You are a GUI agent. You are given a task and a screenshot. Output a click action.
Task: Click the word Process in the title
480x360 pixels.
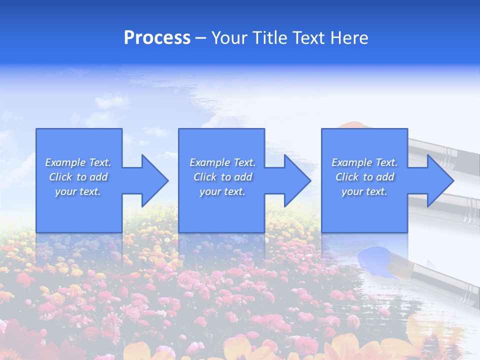[x=157, y=38]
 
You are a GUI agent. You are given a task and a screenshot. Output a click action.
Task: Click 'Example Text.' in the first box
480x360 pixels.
[x=78, y=162]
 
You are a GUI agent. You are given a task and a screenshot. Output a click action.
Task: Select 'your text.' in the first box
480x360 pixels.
[x=78, y=191]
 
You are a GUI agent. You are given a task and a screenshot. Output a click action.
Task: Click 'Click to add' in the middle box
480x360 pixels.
[x=222, y=177]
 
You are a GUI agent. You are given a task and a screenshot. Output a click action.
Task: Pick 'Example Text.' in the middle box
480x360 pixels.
[x=222, y=162]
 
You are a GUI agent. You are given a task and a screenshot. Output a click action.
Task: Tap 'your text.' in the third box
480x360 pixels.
[x=364, y=191]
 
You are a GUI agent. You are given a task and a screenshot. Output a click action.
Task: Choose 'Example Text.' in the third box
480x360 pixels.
[x=364, y=162]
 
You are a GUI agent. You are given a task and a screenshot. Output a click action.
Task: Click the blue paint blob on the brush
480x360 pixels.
[x=376, y=260]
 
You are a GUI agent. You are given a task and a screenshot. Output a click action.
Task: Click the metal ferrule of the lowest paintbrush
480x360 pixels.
[x=468, y=292]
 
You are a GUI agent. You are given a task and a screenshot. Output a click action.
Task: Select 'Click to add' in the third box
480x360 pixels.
[x=364, y=177]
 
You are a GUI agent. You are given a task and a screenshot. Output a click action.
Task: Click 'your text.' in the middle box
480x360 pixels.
[x=222, y=191]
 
